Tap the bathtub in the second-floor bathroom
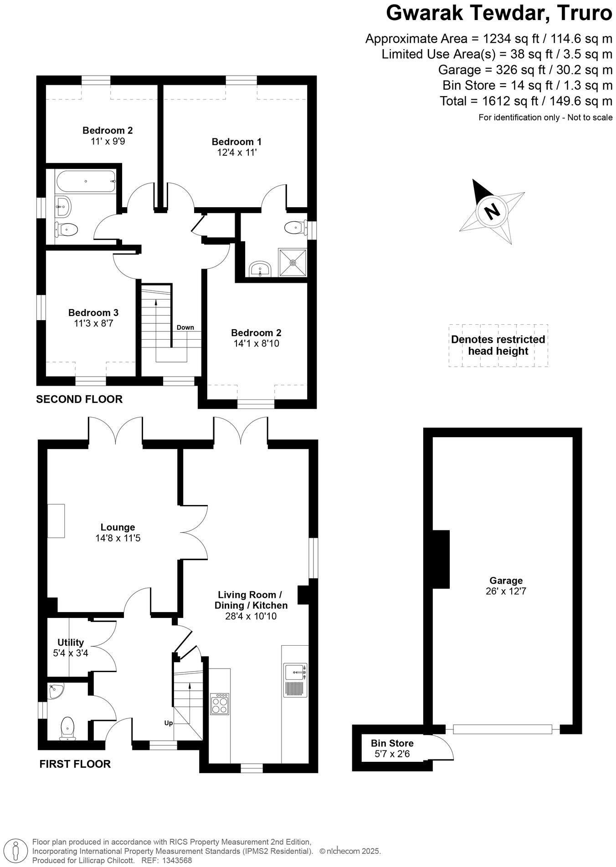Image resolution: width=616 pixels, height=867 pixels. (85, 181)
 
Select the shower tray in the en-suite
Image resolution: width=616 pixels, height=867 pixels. (293, 262)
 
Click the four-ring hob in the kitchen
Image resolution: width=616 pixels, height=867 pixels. (220, 704)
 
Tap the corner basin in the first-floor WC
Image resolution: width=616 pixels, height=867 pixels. (56, 691)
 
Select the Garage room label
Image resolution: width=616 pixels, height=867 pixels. (506, 581)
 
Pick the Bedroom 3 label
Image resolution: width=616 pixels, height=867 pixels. (93, 313)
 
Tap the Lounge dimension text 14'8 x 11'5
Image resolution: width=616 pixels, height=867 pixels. (118, 538)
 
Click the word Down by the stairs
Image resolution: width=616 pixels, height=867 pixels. (185, 327)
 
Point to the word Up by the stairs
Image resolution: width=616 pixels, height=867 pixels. (168, 723)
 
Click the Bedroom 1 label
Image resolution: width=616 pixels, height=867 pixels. (236, 142)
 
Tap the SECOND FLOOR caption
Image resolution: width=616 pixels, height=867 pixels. (79, 399)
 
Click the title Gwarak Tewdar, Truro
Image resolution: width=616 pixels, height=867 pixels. (499, 14)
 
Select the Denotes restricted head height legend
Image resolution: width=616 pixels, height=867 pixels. (498, 345)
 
